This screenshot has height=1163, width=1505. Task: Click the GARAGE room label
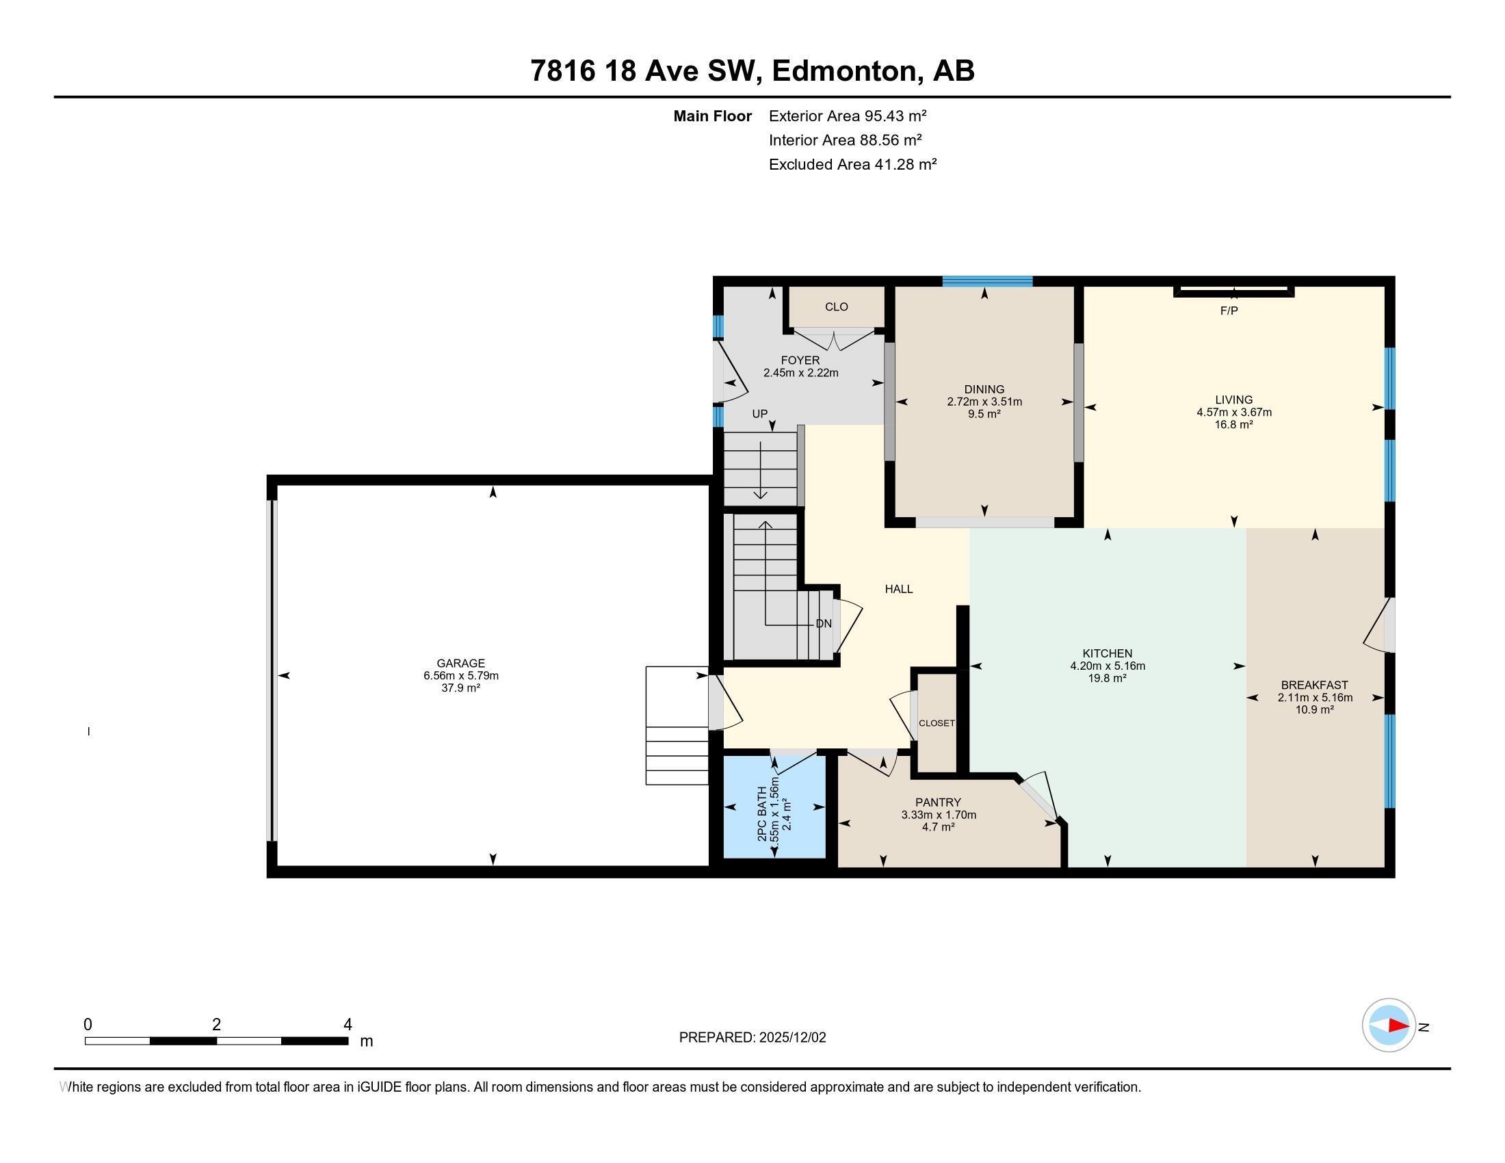[x=460, y=664]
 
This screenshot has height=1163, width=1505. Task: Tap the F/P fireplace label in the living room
[x=1229, y=311]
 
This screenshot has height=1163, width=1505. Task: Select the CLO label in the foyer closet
[x=836, y=306]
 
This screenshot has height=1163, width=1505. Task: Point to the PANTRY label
[x=938, y=802]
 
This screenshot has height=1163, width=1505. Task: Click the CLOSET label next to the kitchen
[x=937, y=722]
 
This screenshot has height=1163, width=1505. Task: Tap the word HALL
[x=899, y=589]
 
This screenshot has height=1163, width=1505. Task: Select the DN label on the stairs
[x=824, y=623]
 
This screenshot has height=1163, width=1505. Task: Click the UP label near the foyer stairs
[x=759, y=414]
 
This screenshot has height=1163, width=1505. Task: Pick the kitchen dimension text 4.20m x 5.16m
[x=1108, y=666]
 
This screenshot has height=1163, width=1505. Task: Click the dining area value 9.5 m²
[x=984, y=414]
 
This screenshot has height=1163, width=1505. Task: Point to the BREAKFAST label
[x=1314, y=685]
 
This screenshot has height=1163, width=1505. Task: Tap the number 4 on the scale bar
[x=348, y=1025]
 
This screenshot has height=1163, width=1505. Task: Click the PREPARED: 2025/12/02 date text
[x=752, y=1038]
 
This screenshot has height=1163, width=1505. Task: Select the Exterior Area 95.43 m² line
[x=847, y=116]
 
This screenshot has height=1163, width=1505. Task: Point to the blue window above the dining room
[x=986, y=281]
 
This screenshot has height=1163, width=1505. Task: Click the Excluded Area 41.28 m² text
[x=852, y=164]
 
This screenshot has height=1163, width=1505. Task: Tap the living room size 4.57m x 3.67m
[x=1233, y=413]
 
